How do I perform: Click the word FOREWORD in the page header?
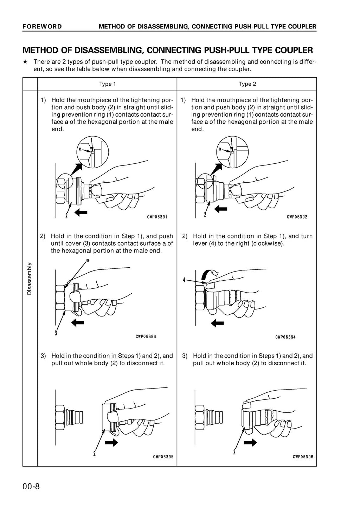point(42,26)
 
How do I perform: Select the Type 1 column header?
point(107,84)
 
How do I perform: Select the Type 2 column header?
point(247,84)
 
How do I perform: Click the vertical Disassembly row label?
point(29,279)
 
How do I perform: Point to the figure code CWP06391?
point(157,216)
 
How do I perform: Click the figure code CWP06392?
point(297,216)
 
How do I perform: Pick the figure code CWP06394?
point(285,337)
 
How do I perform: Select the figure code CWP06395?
point(163,457)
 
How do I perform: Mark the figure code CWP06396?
point(303,457)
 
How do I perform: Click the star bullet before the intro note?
point(25,61)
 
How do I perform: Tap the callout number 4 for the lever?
point(184,280)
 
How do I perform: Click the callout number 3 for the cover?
point(56,333)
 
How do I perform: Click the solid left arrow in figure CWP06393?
point(78,322)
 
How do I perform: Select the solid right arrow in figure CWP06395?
point(112,442)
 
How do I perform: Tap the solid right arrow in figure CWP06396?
point(250,442)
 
